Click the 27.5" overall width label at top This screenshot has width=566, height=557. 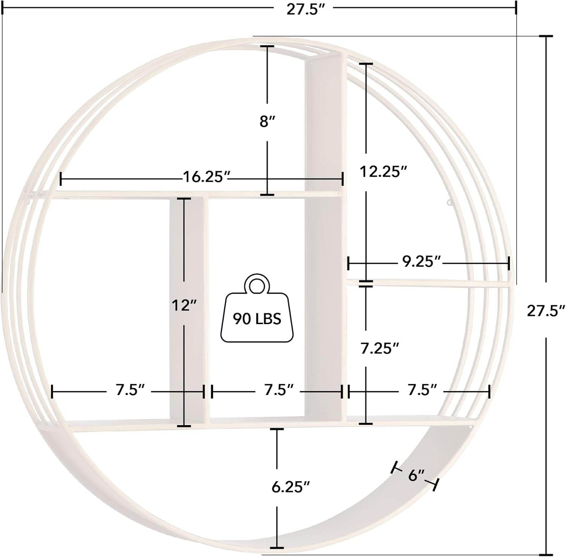click(x=306, y=9)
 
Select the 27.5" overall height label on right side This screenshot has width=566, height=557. click(x=546, y=311)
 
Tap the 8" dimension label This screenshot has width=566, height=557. click(x=267, y=122)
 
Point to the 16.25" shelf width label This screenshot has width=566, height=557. click(x=206, y=176)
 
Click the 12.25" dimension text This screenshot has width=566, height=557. click(x=383, y=172)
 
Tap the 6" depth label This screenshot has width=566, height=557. click(x=417, y=475)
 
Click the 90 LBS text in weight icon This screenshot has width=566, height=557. click(x=257, y=319)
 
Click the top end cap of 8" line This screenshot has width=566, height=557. click(x=268, y=46)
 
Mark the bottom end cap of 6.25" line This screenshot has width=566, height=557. click(x=277, y=548)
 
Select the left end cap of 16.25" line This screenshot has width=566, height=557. click(x=61, y=178)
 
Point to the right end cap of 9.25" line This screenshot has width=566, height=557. click(x=509, y=263)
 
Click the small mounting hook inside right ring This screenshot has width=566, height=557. click(x=449, y=203)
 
